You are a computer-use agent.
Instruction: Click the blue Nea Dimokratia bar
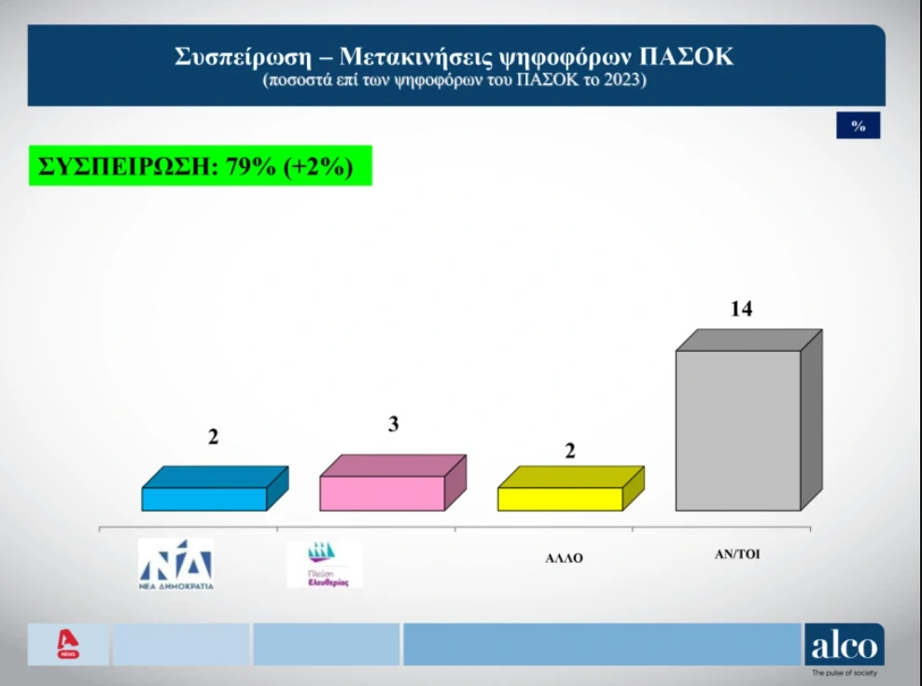click(x=204, y=498)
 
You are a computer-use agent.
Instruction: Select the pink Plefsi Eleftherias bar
click(x=383, y=492)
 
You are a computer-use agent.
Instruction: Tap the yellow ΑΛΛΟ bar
click(x=560, y=498)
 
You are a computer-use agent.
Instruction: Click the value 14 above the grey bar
click(x=741, y=309)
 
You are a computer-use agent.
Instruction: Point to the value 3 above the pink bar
click(x=394, y=425)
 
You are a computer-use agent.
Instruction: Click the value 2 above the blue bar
click(x=213, y=436)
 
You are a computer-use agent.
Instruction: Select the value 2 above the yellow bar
click(x=569, y=450)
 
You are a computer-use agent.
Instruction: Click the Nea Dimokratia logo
click(x=175, y=565)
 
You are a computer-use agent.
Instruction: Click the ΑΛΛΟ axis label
click(x=564, y=559)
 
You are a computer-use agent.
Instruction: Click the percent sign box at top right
click(x=858, y=126)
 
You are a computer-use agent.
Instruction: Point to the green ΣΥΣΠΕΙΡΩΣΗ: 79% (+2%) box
click(x=200, y=166)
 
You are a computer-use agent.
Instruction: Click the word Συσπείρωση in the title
click(x=236, y=56)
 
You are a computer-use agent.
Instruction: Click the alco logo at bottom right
click(x=844, y=645)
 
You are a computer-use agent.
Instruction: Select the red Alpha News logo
click(x=68, y=645)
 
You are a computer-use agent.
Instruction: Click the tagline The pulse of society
click(x=844, y=672)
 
